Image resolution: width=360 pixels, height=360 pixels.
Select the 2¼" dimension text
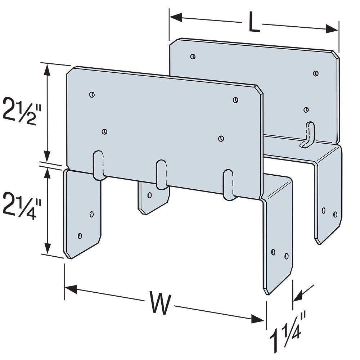click(22, 207)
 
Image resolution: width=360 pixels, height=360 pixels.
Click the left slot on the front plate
click(98, 165)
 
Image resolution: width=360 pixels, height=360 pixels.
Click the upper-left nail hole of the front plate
click(92, 94)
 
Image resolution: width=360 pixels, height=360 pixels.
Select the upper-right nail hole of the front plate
click(235, 100)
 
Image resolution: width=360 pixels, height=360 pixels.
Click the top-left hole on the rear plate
click(193, 56)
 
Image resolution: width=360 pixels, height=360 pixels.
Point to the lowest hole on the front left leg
click(80, 236)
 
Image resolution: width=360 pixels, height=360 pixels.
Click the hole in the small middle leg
click(149, 195)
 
